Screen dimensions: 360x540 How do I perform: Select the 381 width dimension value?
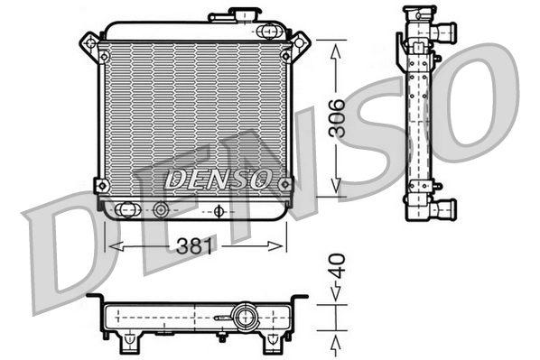pyautogui.click(x=196, y=245)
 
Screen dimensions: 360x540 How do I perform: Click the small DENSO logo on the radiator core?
pyautogui.click(x=216, y=178)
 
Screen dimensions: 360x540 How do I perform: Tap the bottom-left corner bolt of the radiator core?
pyautogui.click(x=101, y=185)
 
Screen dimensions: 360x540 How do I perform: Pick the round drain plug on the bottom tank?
pyautogui.click(x=161, y=210)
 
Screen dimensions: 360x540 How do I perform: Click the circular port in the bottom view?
pyautogui.click(x=242, y=318)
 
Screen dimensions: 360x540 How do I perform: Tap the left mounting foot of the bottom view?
pyautogui.click(x=130, y=340)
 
